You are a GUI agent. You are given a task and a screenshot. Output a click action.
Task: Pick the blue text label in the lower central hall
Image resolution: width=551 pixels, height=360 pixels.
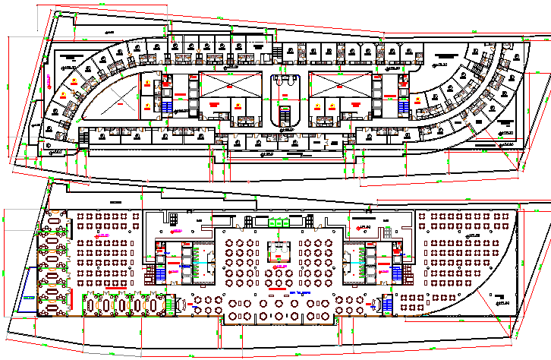[x=301, y=292]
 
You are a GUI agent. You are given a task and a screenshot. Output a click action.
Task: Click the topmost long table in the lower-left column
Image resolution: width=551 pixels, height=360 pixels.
[x=54, y=229]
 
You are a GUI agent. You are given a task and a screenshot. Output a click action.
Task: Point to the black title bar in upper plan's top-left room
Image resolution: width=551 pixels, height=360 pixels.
[x=72, y=56]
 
